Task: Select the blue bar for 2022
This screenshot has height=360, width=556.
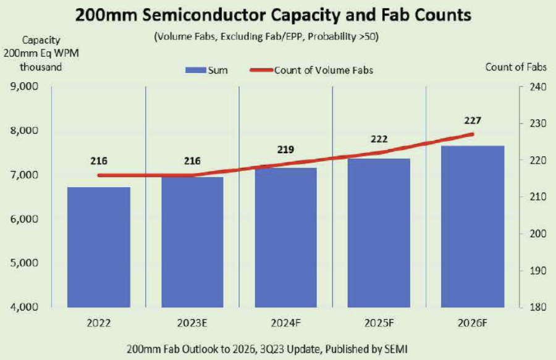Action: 99,247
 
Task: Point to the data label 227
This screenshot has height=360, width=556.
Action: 472,121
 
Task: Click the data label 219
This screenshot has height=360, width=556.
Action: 285,149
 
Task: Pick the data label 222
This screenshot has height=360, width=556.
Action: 379,140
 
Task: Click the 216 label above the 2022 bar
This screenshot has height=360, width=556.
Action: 99,161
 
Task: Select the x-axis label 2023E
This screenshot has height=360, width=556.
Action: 192,323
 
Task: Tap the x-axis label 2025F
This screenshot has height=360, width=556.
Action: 379,323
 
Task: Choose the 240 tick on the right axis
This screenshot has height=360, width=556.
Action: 531,87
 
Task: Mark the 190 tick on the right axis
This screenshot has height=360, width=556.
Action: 531,270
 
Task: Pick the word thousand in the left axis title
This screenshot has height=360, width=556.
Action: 41,67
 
